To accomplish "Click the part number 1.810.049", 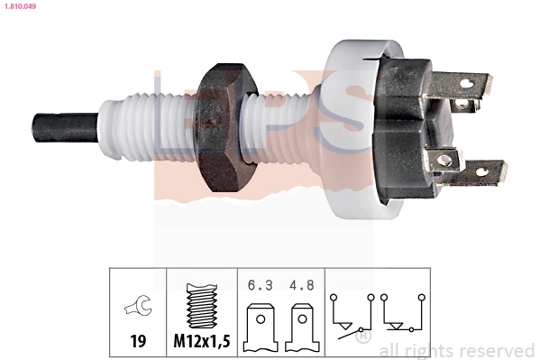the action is (20, 6).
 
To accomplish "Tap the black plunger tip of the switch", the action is (65, 127).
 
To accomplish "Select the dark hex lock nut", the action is (224, 127).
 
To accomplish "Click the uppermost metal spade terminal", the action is (462, 84).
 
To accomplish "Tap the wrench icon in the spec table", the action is (138, 305).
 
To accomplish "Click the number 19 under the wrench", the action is (138, 341).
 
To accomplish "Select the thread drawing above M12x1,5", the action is (202, 306).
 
